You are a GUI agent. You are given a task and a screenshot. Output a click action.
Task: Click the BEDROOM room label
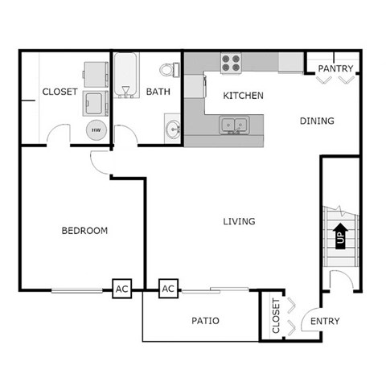(84, 231)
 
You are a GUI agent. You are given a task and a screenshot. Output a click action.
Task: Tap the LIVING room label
(239, 221)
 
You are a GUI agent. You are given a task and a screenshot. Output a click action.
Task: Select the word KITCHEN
(244, 96)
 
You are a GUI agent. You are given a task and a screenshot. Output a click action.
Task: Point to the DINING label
(317, 121)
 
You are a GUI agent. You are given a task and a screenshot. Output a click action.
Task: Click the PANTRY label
(335, 69)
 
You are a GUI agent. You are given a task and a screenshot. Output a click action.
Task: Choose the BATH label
(158, 92)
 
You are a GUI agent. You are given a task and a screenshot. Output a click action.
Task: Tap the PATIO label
(206, 321)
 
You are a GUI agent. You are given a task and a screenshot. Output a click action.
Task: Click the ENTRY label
(325, 322)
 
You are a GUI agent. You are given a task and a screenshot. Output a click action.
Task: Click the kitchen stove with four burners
(231, 63)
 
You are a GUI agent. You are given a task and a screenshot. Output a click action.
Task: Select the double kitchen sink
(235, 125)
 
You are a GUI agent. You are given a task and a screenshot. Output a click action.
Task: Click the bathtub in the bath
(125, 76)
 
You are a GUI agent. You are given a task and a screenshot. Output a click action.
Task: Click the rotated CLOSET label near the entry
(276, 316)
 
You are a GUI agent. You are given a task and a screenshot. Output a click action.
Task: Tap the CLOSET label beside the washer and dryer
(60, 92)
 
